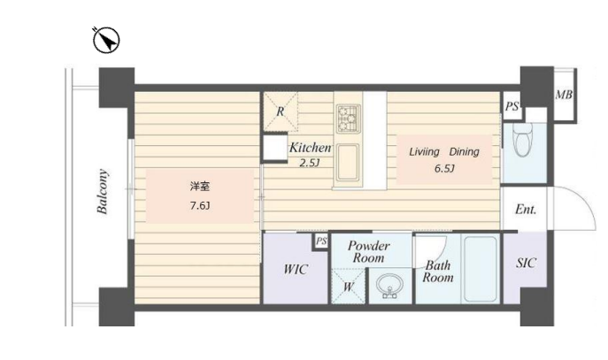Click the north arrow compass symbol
106,40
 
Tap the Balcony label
103,191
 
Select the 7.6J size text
200,206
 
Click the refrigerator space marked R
281,111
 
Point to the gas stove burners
348,119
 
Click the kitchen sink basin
348,163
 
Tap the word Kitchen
311,148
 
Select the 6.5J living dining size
444,169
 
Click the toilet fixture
523,140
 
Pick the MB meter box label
564,95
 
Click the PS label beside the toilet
512,106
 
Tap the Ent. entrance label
526,210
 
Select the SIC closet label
527,263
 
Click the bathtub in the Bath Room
480,269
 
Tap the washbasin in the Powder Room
389,286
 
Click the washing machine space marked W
348,286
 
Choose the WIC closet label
296,269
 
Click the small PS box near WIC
321,241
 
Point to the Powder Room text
368,251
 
